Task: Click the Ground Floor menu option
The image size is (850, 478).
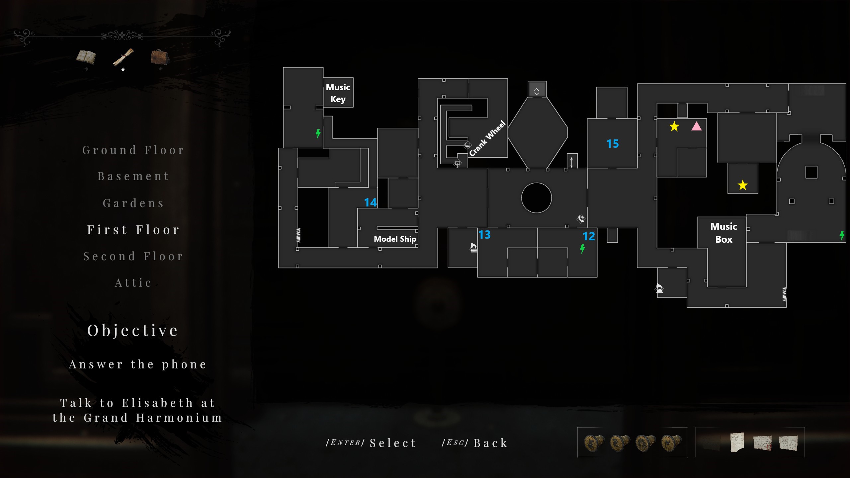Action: point(133,150)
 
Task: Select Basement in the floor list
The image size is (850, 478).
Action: point(133,176)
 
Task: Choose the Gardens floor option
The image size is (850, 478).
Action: point(133,203)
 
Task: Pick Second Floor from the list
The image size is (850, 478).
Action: point(133,256)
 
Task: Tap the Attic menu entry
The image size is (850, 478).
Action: point(133,283)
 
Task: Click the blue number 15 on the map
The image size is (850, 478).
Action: point(613,144)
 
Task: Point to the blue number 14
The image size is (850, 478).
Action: point(370,202)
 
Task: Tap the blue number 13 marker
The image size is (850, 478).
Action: point(484,235)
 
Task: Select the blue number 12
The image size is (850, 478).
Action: point(589,236)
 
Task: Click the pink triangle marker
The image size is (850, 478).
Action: point(697,126)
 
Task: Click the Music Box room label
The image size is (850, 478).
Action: point(724,233)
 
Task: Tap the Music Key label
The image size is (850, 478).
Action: point(338,93)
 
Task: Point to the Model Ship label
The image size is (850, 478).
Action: point(395,239)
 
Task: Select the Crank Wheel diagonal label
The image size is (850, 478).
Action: point(487,138)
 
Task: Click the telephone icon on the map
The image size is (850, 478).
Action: point(581,219)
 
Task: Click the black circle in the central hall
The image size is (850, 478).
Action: point(537,198)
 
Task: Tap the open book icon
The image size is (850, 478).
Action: point(86,57)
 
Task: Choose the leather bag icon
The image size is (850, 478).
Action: point(160,57)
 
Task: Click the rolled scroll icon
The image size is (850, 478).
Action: point(123,57)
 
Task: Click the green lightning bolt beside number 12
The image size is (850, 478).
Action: point(582,249)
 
